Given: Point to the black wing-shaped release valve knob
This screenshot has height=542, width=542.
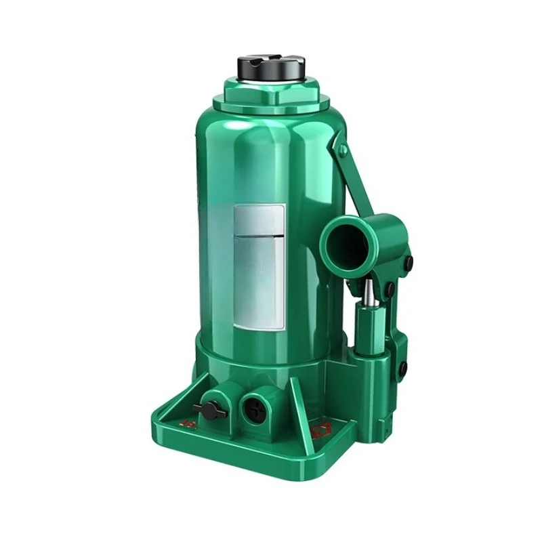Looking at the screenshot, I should (x=209, y=409).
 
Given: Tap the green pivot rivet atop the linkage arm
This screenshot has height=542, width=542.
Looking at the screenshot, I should (x=343, y=149).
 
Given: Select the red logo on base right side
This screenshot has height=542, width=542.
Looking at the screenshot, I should (x=318, y=428).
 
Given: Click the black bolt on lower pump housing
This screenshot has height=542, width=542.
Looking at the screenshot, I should (x=402, y=369).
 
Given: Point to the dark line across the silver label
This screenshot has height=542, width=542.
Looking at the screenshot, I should (x=259, y=235).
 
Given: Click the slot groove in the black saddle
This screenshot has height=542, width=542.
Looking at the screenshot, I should (x=271, y=60).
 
